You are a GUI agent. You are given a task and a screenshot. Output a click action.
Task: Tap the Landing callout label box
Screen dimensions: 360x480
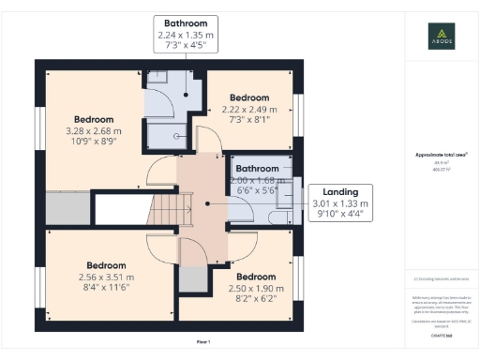pyautogui.click(x=341, y=202)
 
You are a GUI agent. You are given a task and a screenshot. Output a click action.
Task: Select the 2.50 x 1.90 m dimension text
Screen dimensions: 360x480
pyautogui.click(x=255, y=290)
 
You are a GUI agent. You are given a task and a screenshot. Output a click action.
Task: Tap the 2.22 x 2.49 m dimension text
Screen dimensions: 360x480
pyautogui.click(x=250, y=110)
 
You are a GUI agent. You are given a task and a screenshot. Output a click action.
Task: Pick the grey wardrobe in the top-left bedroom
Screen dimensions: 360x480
pyautogui.click(x=66, y=205)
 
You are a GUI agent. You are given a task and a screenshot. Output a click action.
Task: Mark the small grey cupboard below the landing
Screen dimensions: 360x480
pyautogui.click(x=192, y=278)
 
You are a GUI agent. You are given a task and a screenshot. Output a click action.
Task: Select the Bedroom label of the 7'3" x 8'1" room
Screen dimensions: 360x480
pyautogui.click(x=250, y=97)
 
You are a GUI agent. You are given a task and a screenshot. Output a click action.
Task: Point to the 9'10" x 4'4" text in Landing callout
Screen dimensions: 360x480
pyautogui.click(x=341, y=214)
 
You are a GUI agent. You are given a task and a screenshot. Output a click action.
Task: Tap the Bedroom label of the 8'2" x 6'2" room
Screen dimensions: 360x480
pyautogui.click(x=255, y=277)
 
